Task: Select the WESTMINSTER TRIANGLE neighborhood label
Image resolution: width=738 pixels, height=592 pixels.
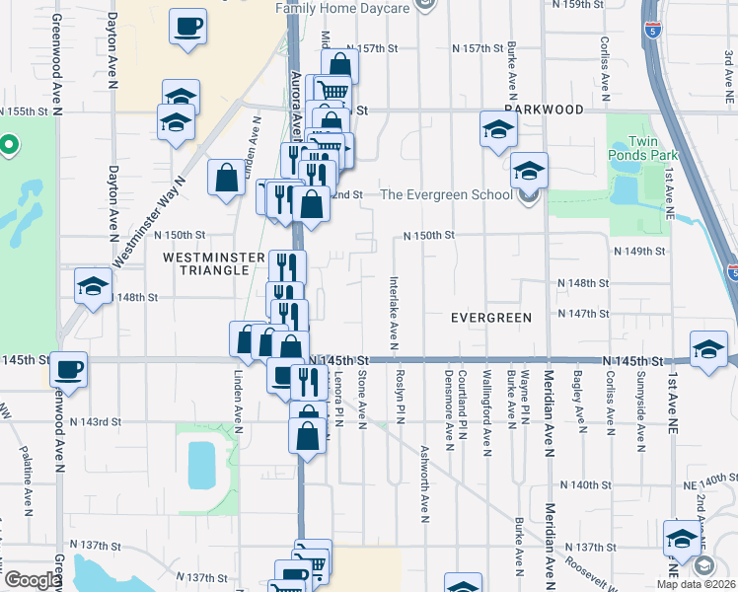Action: pyautogui.click(x=213, y=263)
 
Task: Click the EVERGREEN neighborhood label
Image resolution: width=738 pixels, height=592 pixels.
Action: pyautogui.click(x=490, y=318)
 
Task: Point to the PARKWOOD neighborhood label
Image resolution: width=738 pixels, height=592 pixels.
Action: pyautogui.click(x=543, y=110)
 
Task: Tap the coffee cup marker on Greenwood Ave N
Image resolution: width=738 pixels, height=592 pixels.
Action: pyautogui.click(x=69, y=370)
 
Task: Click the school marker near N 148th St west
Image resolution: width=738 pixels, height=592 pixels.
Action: pyautogui.click(x=93, y=287)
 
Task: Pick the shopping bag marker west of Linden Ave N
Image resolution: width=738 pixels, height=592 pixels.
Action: pyautogui.click(x=226, y=179)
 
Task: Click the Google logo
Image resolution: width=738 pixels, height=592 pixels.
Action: pyautogui.click(x=32, y=580)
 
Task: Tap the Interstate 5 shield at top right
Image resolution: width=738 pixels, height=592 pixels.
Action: pyautogui.click(x=652, y=30)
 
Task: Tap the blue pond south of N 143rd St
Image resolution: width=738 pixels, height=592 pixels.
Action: pyautogui.click(x=200, y=465)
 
